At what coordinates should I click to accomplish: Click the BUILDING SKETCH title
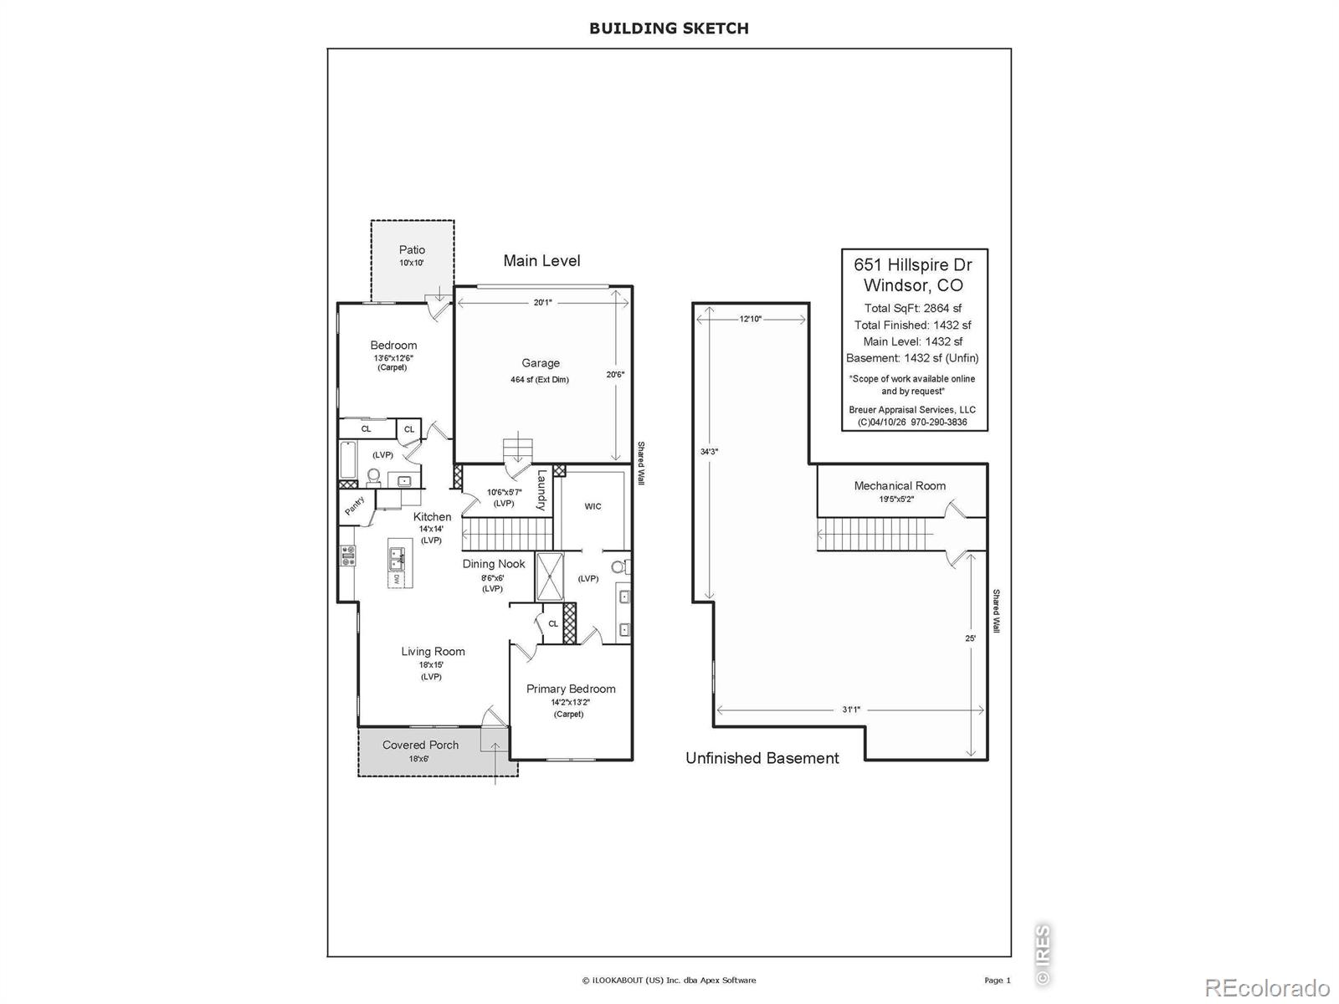tap(669, 28)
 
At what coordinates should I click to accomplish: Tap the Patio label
tap(412, 249)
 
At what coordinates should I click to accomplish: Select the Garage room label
tap(541, 363)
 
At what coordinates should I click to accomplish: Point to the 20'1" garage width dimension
tap(543, 302)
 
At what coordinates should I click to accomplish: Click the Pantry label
tap(355, 505)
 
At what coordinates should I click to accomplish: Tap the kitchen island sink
tap(398, 556)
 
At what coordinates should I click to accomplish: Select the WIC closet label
tap(593, 506)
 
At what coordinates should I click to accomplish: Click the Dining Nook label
tap(494, 564)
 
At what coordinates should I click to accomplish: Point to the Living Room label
tap(434, 651)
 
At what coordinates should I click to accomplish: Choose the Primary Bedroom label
tap(571, 689)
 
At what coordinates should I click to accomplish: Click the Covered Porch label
tap(420, 745)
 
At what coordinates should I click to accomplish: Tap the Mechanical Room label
tap(900, 486)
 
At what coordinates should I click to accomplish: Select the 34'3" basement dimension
tap(709, 452)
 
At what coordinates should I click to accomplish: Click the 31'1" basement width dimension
tap(851, 709)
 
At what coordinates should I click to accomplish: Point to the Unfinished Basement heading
tap(762, 758)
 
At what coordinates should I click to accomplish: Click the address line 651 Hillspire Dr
tap(913, 264)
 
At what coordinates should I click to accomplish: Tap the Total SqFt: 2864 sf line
tap(913, 309)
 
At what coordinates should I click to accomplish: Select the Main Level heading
tap(541, 261)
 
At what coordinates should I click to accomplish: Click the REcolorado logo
tap(1268, 987)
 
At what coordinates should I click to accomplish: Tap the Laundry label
tap(541, 490)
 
